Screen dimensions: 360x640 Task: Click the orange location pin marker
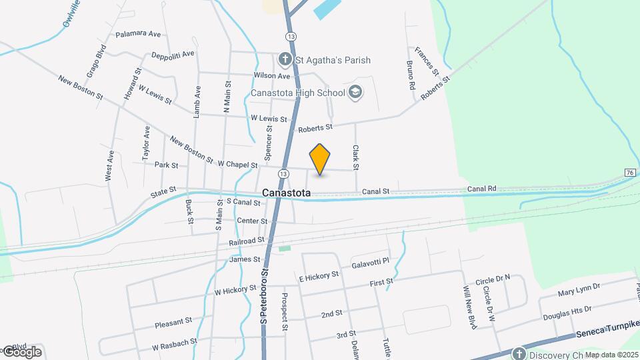(320, 159)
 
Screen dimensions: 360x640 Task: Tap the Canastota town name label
(287, 193)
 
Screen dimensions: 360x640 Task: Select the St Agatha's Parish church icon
(285, 60)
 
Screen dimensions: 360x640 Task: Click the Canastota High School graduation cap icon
(355, 93)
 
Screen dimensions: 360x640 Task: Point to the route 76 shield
(629, 173)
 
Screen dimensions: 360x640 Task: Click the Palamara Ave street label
(138, 33)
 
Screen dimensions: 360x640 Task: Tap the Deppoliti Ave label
(173, 55)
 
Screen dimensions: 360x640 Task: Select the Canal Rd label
(481, 189)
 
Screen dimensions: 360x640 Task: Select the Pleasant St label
(173, 323)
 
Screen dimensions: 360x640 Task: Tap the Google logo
(21, 352)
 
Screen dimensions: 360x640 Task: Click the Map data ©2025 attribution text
(611, 355)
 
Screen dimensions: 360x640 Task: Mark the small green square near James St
(285, 249)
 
